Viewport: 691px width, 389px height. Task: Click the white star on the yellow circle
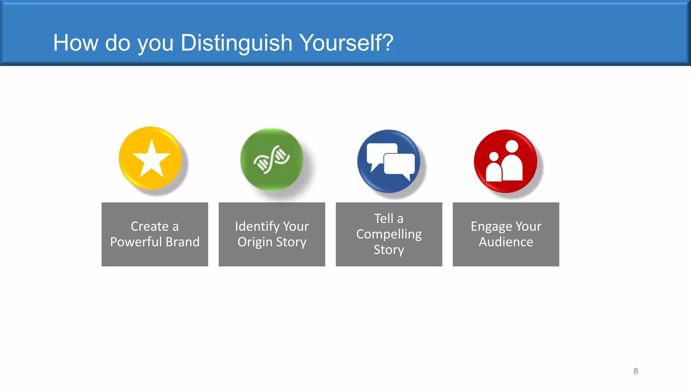pyautogui.click(x=151, y=159)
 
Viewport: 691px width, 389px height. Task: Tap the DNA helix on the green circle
pyautogui.click(x=272, y=159)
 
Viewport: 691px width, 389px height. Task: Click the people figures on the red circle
pyautogui.click(x=505, y=162)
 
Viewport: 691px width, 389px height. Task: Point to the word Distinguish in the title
pyautogui.click(x=236, y=43)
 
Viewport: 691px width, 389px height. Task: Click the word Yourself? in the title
pyautogui.click(x=346, y=43)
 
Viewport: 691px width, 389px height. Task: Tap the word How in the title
pyautogui.click(x=76, y=43)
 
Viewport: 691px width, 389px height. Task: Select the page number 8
pyautogui.click(x=636, y=371)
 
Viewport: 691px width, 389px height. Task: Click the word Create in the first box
pyautogui.click(x=149, y=226)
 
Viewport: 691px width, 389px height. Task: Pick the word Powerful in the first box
pyautogui.click(x=136, y=242)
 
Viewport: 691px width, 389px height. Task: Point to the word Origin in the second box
pyautogui.click(x=255, y=242)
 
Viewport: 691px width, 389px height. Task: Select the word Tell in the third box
pyautogui.click(x=384, y=218)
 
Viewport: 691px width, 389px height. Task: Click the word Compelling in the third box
pyautogui.click(x=389, y=234)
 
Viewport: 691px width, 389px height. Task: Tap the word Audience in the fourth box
pyautogui.click(x=506, y=242)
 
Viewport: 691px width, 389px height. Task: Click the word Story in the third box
pyautogui.click(x=389, y=250)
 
